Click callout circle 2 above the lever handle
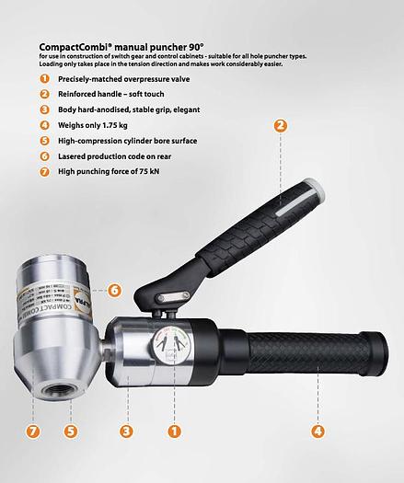click(x=280, y=126)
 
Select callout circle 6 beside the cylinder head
click(x=114, y=290)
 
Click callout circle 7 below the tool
click(x=33, y=429)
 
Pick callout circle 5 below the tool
click(x=69, y=429)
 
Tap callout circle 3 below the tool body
click(x=126, y=429)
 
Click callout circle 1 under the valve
click(x=175, y=429)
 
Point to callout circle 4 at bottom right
click(x=317, y=429)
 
